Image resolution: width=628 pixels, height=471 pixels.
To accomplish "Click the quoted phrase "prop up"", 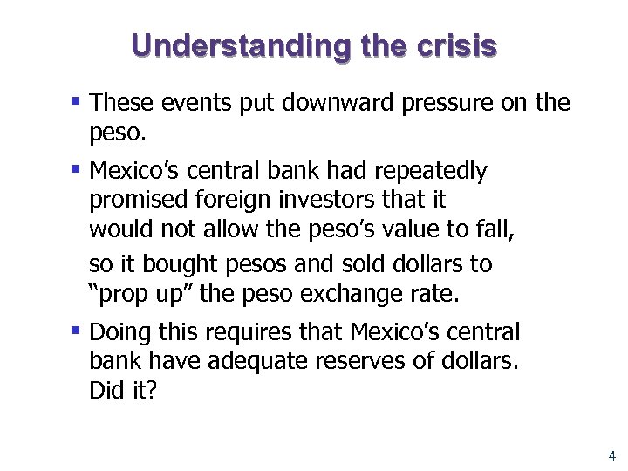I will pos(141,294).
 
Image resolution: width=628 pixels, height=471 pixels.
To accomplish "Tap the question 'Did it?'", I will pos(123,392).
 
